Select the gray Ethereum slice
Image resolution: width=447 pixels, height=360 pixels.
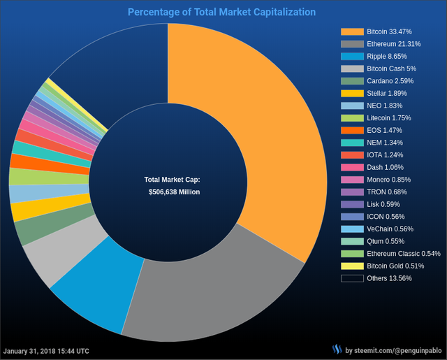point(210,294)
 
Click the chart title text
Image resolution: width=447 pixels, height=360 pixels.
point(222,13)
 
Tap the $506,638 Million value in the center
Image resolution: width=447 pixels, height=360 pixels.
point(175,191)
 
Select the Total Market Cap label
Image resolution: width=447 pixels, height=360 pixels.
point(172,180)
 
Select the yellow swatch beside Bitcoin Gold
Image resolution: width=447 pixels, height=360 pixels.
point(352,266)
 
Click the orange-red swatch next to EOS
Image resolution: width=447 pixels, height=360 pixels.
point(352,130)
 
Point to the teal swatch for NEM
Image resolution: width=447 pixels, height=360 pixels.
point(352,143)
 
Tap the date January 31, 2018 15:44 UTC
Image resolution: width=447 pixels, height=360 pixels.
point(46,350)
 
